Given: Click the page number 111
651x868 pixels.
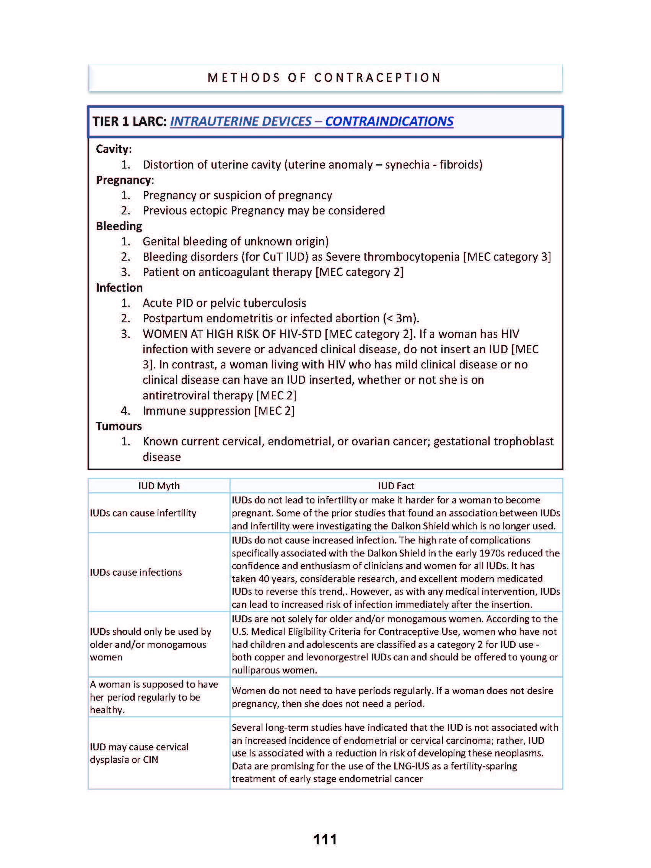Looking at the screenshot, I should (325, 839).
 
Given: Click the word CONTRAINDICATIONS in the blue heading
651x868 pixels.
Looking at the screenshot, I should (389, 121).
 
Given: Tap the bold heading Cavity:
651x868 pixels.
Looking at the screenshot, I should (114, 149).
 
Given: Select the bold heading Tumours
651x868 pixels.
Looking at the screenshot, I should (119, 426).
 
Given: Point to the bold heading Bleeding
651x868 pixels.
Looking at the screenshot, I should (119, 226).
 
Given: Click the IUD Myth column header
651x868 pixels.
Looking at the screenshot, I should (159, 486).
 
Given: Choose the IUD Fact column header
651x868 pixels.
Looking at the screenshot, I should (396, 486).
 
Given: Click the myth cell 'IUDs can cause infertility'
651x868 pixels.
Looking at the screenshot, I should (143, 513).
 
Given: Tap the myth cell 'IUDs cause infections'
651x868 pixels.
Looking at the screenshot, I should (136, 572).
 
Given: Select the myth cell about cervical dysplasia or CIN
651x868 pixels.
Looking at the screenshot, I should (139, 753).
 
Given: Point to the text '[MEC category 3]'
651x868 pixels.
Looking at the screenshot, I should (507, 256).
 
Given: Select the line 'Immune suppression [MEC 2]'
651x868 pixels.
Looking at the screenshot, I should (218, 411).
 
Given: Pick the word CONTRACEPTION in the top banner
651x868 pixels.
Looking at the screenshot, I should (378, 78).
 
